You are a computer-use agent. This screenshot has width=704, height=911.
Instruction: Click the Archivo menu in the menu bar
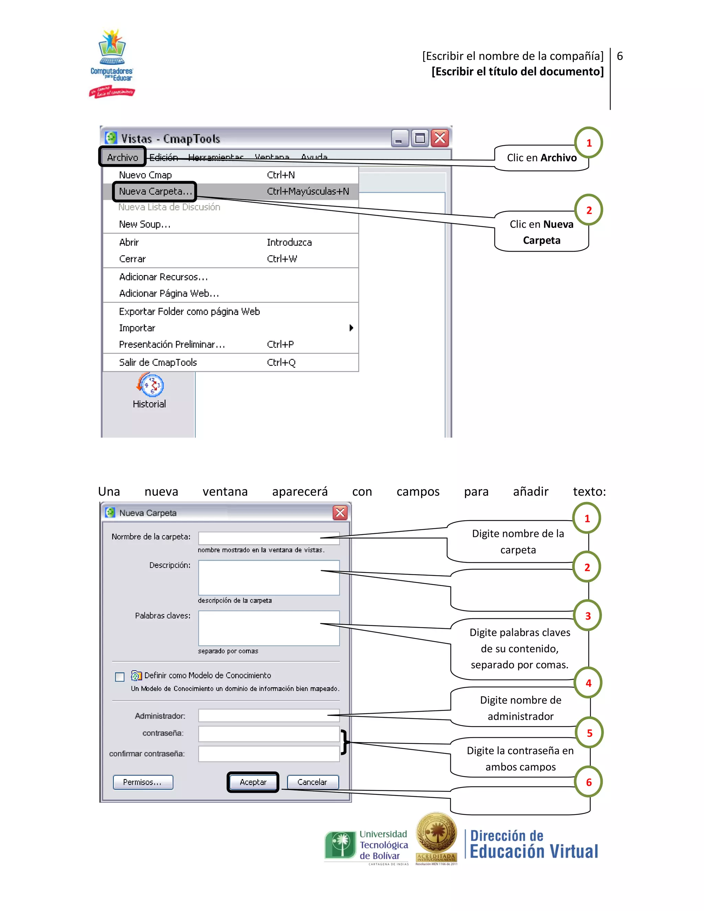pos(122,157)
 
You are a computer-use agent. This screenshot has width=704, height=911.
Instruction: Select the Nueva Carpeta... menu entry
pos(155,191)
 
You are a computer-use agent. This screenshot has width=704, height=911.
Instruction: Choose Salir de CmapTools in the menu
pos(158,362)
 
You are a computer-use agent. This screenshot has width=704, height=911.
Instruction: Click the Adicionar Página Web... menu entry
pos(169,293)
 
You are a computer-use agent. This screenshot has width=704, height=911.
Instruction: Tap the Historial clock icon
pos(150,385)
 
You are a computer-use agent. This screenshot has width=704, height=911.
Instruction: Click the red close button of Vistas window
pos(440,138)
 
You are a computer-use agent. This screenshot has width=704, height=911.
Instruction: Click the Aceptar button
pos(253,782)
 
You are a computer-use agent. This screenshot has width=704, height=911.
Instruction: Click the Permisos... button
pos(143,782)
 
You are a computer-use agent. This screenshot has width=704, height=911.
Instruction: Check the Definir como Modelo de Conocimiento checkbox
pos(120,677)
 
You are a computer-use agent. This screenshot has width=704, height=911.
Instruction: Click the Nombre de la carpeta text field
pos(268,538)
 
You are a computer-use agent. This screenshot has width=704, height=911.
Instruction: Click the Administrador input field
pos(268,715)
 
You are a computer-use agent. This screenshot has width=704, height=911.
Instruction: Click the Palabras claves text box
pos(268,628)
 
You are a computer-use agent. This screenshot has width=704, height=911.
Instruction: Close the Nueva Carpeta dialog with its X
pos(340,513)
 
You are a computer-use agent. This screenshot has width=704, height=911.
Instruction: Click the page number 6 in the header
pos(620,56)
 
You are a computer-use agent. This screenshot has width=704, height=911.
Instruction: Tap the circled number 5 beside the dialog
pos(589,733)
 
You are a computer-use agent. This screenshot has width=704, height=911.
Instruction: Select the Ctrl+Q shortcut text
pos(281,362)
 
